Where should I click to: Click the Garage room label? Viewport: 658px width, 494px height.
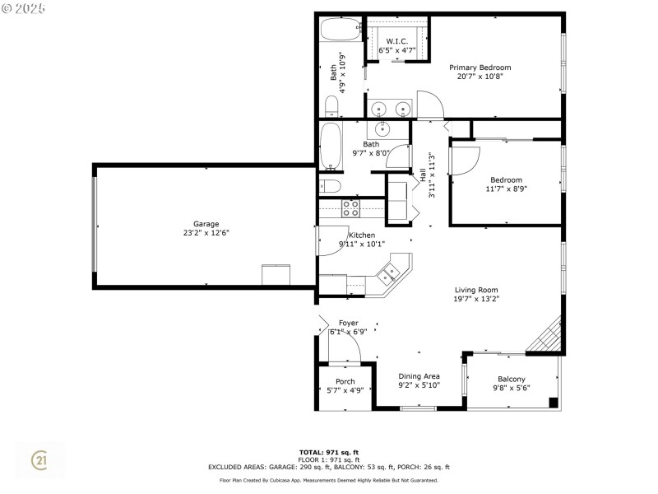tap(206, 224)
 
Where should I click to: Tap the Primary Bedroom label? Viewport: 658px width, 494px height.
tap(480, 68)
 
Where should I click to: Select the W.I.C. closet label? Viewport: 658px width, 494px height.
tap(397, 41)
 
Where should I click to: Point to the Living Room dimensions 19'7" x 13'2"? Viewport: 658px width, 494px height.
tap(476, 299)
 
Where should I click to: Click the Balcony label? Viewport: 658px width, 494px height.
tap(511, 379)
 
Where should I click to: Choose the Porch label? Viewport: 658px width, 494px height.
tap(345, 381)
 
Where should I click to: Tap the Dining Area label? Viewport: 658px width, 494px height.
tap(419, 376)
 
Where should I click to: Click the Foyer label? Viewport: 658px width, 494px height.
tap(348, 323)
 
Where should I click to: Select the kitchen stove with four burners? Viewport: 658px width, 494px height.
tap(350, 208)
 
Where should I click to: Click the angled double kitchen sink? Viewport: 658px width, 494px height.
tap(387, 274)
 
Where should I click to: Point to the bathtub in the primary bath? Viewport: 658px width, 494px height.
tap(341, 29)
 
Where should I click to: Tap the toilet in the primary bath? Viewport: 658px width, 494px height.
tap(331, 107)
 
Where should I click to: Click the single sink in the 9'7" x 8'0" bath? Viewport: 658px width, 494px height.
tap(382, 129)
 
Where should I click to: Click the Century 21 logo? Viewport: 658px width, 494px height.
tap(39, 460)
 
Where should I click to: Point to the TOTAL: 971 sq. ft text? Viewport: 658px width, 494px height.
tap(329, 452)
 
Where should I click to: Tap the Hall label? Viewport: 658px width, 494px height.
tap(423, 175)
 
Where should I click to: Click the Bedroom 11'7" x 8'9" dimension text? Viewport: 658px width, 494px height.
tap(506, 189)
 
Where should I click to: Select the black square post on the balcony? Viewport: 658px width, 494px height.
tap(554, 403)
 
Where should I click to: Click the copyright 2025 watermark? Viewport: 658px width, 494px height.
tap(23, 8)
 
